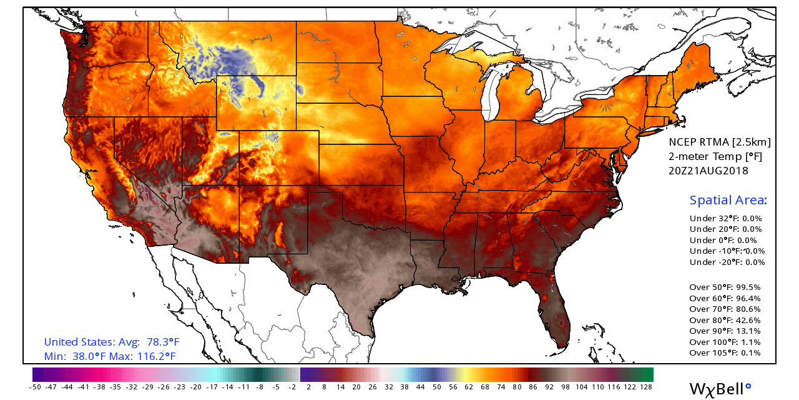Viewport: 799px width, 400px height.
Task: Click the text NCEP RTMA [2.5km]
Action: [x=719, y=142]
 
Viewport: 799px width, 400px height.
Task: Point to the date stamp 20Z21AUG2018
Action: [x=708, y=170]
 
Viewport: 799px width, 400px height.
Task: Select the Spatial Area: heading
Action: [x=728, y=201]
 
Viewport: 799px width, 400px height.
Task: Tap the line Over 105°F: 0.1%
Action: [x=728, y=352]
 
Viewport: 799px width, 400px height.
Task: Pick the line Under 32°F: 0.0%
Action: [x=725, y=219]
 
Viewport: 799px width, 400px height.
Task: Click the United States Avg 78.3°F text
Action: [x=112, y=342]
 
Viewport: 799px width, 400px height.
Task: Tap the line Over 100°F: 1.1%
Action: [x=728, y=342]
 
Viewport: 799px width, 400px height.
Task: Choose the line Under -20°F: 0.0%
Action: [x=727, y=262]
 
